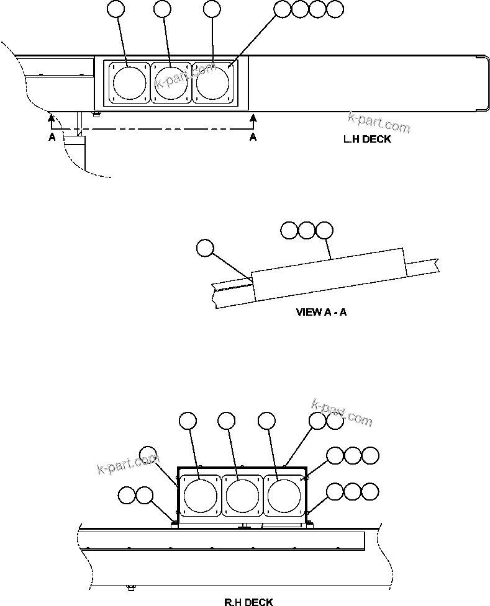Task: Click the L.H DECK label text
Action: point(368,140)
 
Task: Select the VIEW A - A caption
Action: point(321,312)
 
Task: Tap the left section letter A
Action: point(52,138)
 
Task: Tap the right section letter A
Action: point(253,138)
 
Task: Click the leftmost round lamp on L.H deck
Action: point(129,82)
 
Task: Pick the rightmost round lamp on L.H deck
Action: point(212,82)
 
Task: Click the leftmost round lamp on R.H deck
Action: point(200,494)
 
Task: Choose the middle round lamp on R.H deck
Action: point(242,494)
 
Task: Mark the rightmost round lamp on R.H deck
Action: point(284,494)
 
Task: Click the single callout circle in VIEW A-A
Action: point(204,248)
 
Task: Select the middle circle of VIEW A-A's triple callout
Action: point(307,231)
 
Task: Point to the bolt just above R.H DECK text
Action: point(131,587)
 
